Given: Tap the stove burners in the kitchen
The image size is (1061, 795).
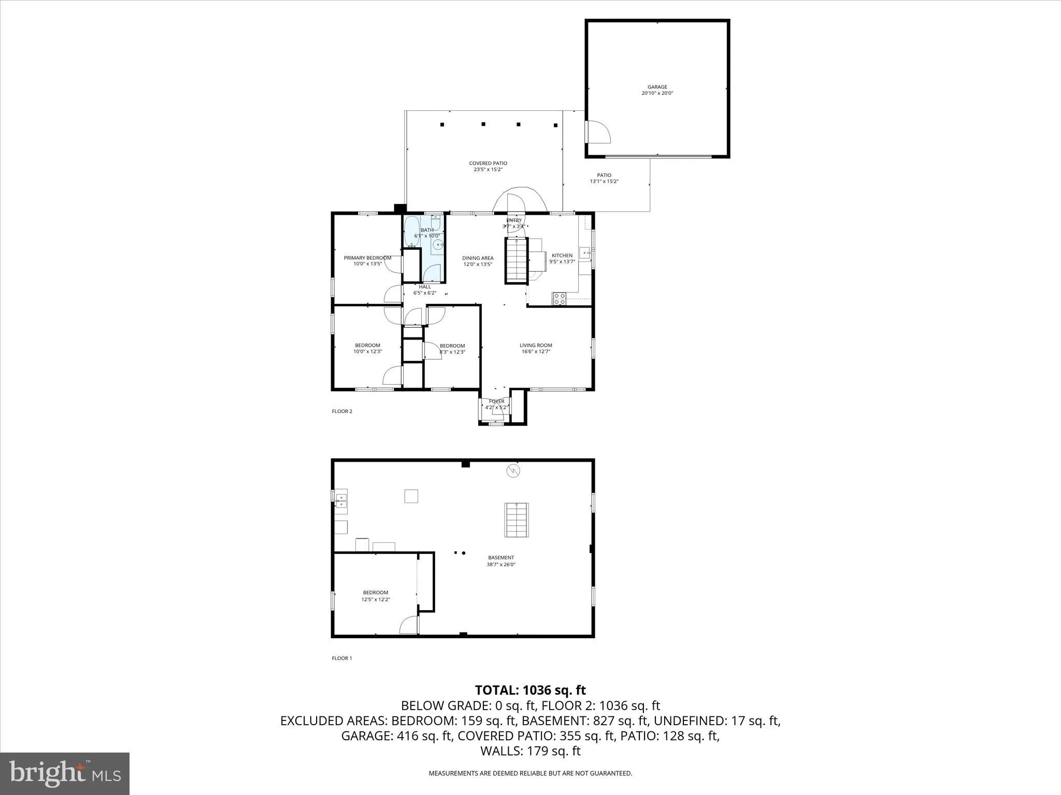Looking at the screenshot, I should pos(560,299).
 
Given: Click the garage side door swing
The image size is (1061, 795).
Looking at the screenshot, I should pos(598,132).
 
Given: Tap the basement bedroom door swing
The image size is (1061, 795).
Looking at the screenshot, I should pos(409,625).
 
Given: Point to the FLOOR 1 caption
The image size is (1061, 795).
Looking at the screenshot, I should pos(342,658).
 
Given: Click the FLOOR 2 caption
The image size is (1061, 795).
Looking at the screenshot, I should pos(342,411).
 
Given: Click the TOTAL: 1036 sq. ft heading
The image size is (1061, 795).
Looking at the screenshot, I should pos(530,690).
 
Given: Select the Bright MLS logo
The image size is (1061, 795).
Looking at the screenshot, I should pos(65,773).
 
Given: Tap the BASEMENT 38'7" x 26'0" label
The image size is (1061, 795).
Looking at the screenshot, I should pos(500,561).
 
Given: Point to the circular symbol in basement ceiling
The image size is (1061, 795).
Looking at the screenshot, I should pos(513,470).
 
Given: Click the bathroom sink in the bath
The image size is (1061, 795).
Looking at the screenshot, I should pos(438,246).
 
